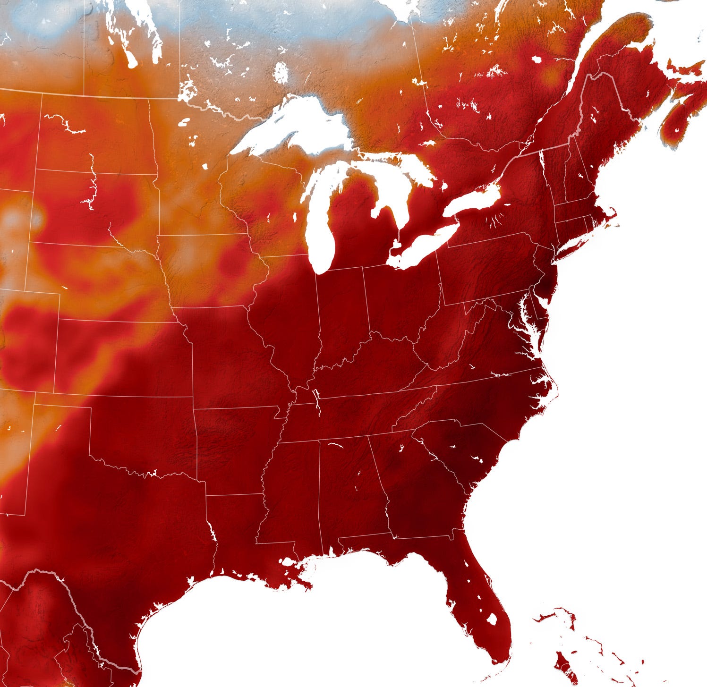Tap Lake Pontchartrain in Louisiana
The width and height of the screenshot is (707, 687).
tap(286, 562)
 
